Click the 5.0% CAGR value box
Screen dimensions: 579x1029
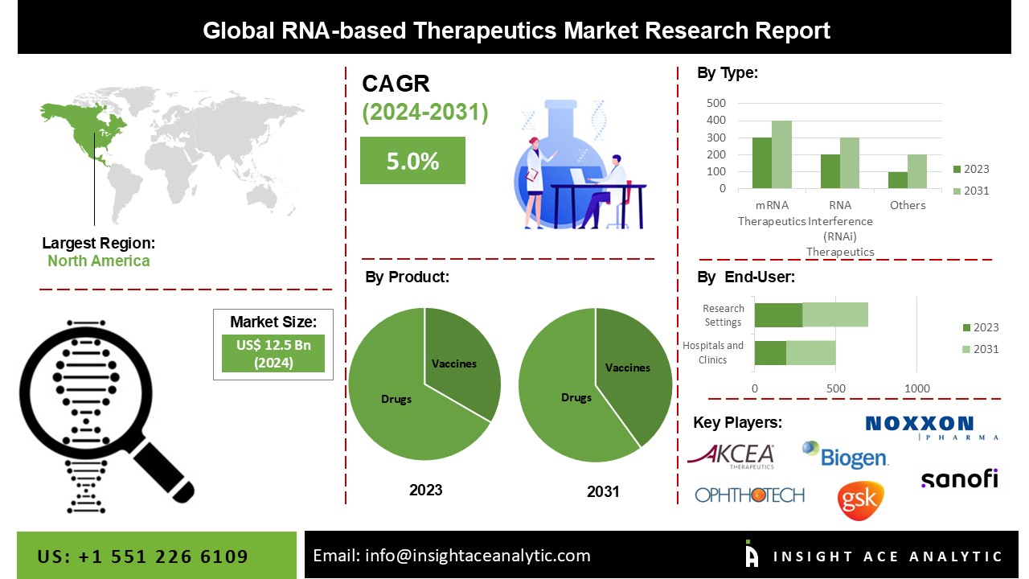coord(412,160)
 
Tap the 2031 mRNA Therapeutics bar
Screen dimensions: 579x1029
coord(781,154)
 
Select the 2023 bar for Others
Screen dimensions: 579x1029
coord(897,180)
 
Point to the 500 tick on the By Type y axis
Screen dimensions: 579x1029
coord(716,103)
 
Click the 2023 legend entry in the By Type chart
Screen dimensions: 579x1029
coord(971,169)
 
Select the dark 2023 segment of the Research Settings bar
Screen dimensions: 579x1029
coord(778,315)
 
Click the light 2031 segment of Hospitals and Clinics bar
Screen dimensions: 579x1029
coord(810,352)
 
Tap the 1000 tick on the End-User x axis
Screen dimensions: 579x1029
coord(917,388)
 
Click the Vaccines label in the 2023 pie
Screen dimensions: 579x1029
coord(454,363)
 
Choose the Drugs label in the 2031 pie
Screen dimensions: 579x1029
coord(576,397)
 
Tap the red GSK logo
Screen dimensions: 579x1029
coord(860,500)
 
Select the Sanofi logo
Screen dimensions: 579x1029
coord(959,478)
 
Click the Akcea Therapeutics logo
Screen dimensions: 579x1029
coord(731,456)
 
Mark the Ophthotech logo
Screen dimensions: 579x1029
coord(749,495)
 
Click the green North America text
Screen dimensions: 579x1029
coord(98,261)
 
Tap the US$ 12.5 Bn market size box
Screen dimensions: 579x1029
coord(273,353)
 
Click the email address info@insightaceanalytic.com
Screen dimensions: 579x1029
coord(451,556)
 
